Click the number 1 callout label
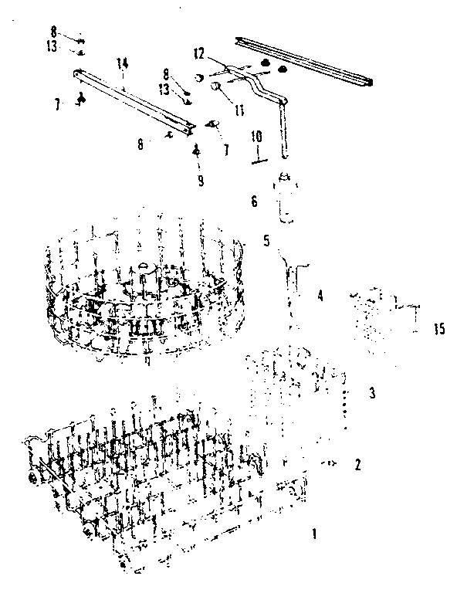(313, 533)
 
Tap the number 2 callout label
(357, 464)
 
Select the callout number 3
(371, 393)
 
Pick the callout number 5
(266, 240)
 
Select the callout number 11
(240, 110)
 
